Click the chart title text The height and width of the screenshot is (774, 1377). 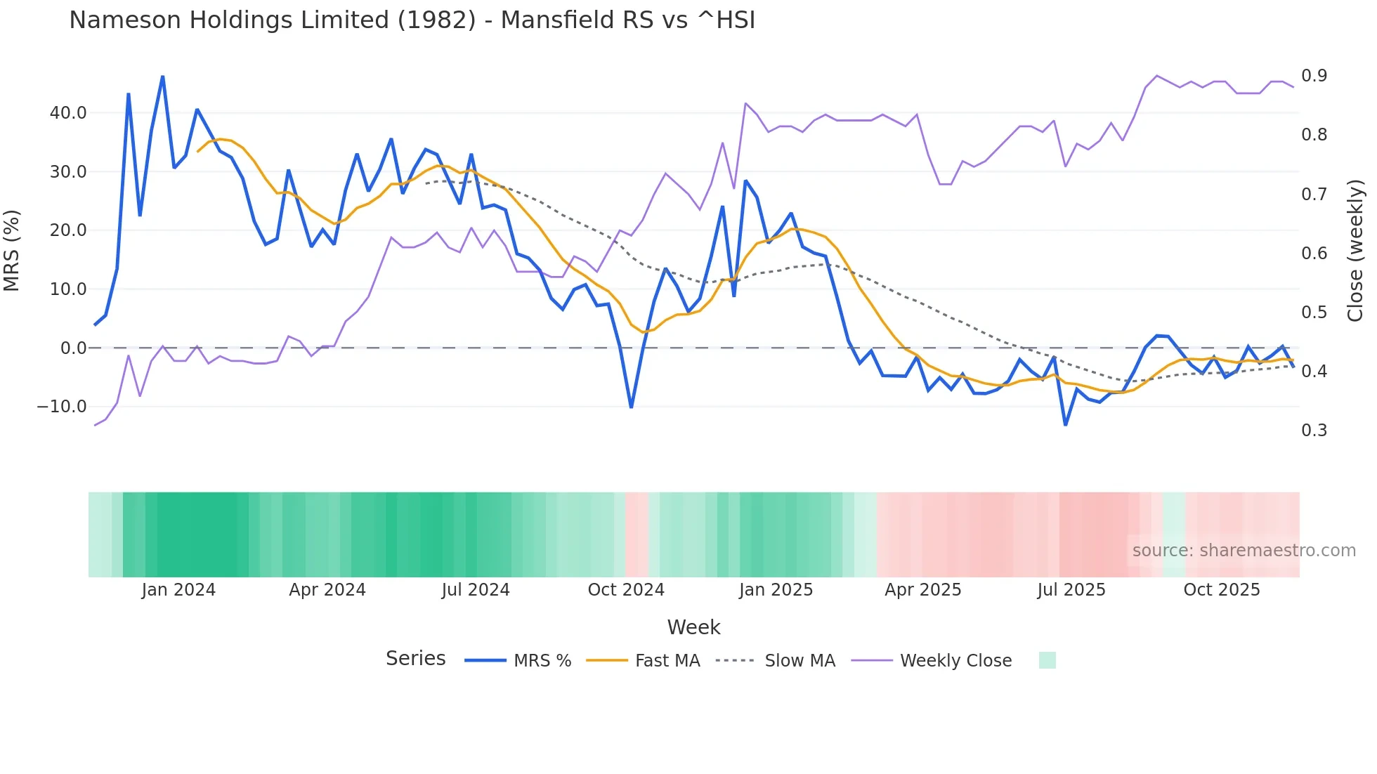412,20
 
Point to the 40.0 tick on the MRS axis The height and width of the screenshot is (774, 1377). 68,113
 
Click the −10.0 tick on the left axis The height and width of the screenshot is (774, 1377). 62,407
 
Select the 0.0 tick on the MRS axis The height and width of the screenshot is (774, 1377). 73,348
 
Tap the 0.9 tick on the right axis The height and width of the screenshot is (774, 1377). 1314,76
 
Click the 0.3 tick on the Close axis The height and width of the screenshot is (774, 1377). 1314,431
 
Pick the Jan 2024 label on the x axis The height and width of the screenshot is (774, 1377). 178,590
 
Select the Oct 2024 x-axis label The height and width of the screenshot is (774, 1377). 626,590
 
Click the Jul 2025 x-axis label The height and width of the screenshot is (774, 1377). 1071,590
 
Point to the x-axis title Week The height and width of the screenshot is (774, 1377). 693,627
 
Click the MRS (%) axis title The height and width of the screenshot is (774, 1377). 12,250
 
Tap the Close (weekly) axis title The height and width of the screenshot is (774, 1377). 1355,250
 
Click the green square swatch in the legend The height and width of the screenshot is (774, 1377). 1047,660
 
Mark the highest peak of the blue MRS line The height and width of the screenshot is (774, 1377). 162,77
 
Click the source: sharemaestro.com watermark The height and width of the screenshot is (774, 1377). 1244,551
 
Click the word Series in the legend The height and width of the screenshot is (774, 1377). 415,659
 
